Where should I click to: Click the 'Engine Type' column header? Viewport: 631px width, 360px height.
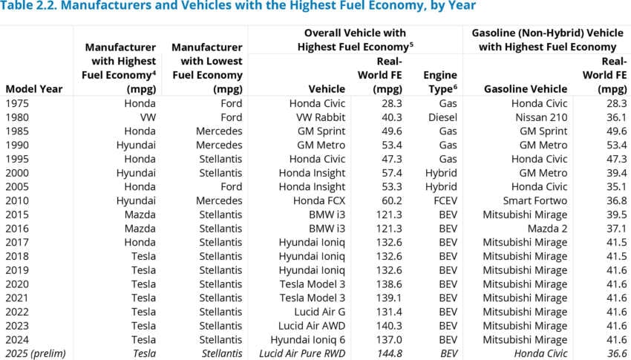[x=439, y=82]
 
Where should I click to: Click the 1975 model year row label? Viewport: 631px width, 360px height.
[x=19, y=103]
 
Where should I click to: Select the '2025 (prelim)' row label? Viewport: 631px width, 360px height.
[x=35, y=353]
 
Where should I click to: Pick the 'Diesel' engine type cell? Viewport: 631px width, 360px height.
[x=442, y=117]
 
